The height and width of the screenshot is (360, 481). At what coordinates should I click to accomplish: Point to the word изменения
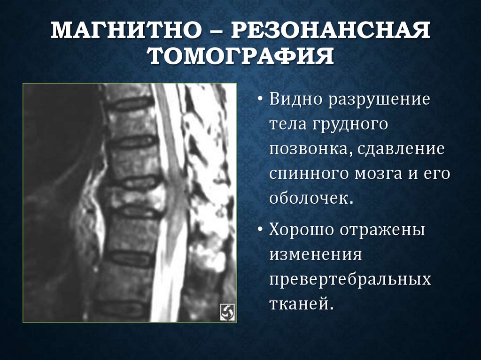[315, 255]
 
